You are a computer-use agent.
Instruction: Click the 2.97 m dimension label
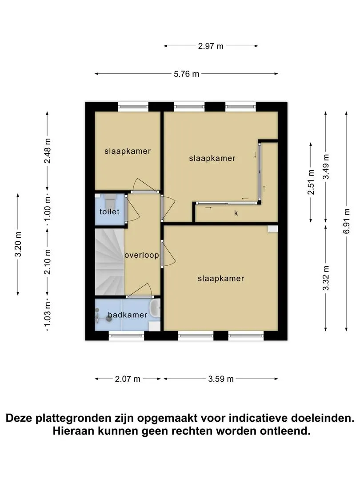[x=211, y=46]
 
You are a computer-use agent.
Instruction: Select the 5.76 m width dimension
[x=186, y=74]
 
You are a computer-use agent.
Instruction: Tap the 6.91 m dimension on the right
[x=346, y=221]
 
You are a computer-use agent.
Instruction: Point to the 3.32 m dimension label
[x=326, y=278]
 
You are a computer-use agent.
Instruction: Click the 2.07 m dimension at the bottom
[x=128, y=379]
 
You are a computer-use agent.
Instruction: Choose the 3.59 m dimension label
[x=221, y=379]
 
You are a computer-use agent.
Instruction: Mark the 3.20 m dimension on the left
[x=18, y=244]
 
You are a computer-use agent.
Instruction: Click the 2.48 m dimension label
[x=48, y=151]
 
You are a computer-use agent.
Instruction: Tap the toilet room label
[x=109, y=212]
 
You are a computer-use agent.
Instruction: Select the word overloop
[x=142, y=255]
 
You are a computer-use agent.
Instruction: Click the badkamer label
[x=128, y=315]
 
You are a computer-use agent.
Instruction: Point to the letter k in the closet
[x=236, y=213]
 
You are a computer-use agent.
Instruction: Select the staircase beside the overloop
[x=109, y=262]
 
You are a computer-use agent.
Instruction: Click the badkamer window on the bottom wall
[x=126, y=336]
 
